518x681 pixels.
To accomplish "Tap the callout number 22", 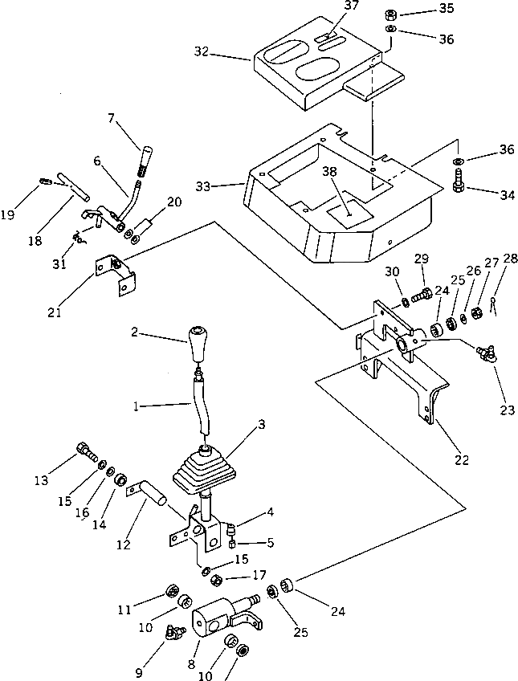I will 461,461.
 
